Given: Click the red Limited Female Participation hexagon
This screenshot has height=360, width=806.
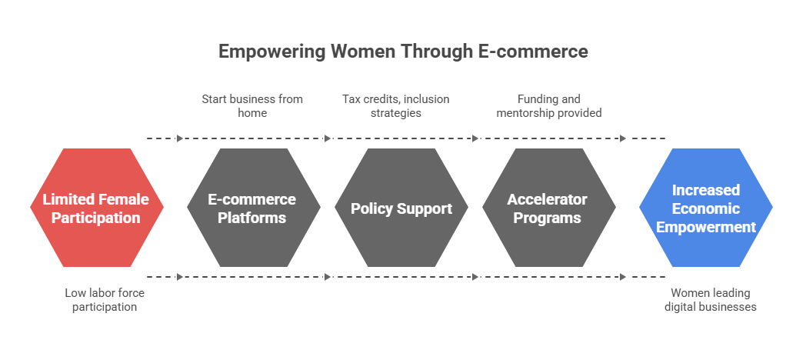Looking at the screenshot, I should pyautogui.click(x=96, y=208).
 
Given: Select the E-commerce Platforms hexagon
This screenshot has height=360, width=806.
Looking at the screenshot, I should pyautogui.click(x=253, y=208).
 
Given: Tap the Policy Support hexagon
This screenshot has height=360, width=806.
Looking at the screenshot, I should pyautogui.click(x=401, y=208).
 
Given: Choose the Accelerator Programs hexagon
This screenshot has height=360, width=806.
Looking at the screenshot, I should pyautogui.click(x=548, y=208).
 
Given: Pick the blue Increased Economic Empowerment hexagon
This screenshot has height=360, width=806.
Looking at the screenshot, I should pyautogui.click(x=705, y=208).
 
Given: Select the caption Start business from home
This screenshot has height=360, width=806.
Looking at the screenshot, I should pyautogui.click(x=252, y=105).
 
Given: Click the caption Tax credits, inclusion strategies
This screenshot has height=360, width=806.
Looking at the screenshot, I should pyautogui.click(x=395, y=105).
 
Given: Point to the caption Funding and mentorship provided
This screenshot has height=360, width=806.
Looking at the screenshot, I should pyautogui.click(x=548, y=105).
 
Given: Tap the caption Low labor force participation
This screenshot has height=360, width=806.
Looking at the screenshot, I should pyautogui.click(x=105, y=300).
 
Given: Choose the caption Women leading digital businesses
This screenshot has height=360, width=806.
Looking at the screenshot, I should pyautogui.click(x=711, y=300).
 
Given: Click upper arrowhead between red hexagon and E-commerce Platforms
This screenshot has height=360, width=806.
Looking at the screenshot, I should pyautogui.click(x=180, y=138).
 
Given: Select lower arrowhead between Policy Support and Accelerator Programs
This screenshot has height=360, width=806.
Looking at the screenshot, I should pyautogui.click(x=475, y=277).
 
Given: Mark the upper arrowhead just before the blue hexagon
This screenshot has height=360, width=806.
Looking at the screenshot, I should pyautogui.click(x=623, y=138).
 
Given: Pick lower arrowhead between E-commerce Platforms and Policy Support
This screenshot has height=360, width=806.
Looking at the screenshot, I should pyautogui.click(x=328, y=277).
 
